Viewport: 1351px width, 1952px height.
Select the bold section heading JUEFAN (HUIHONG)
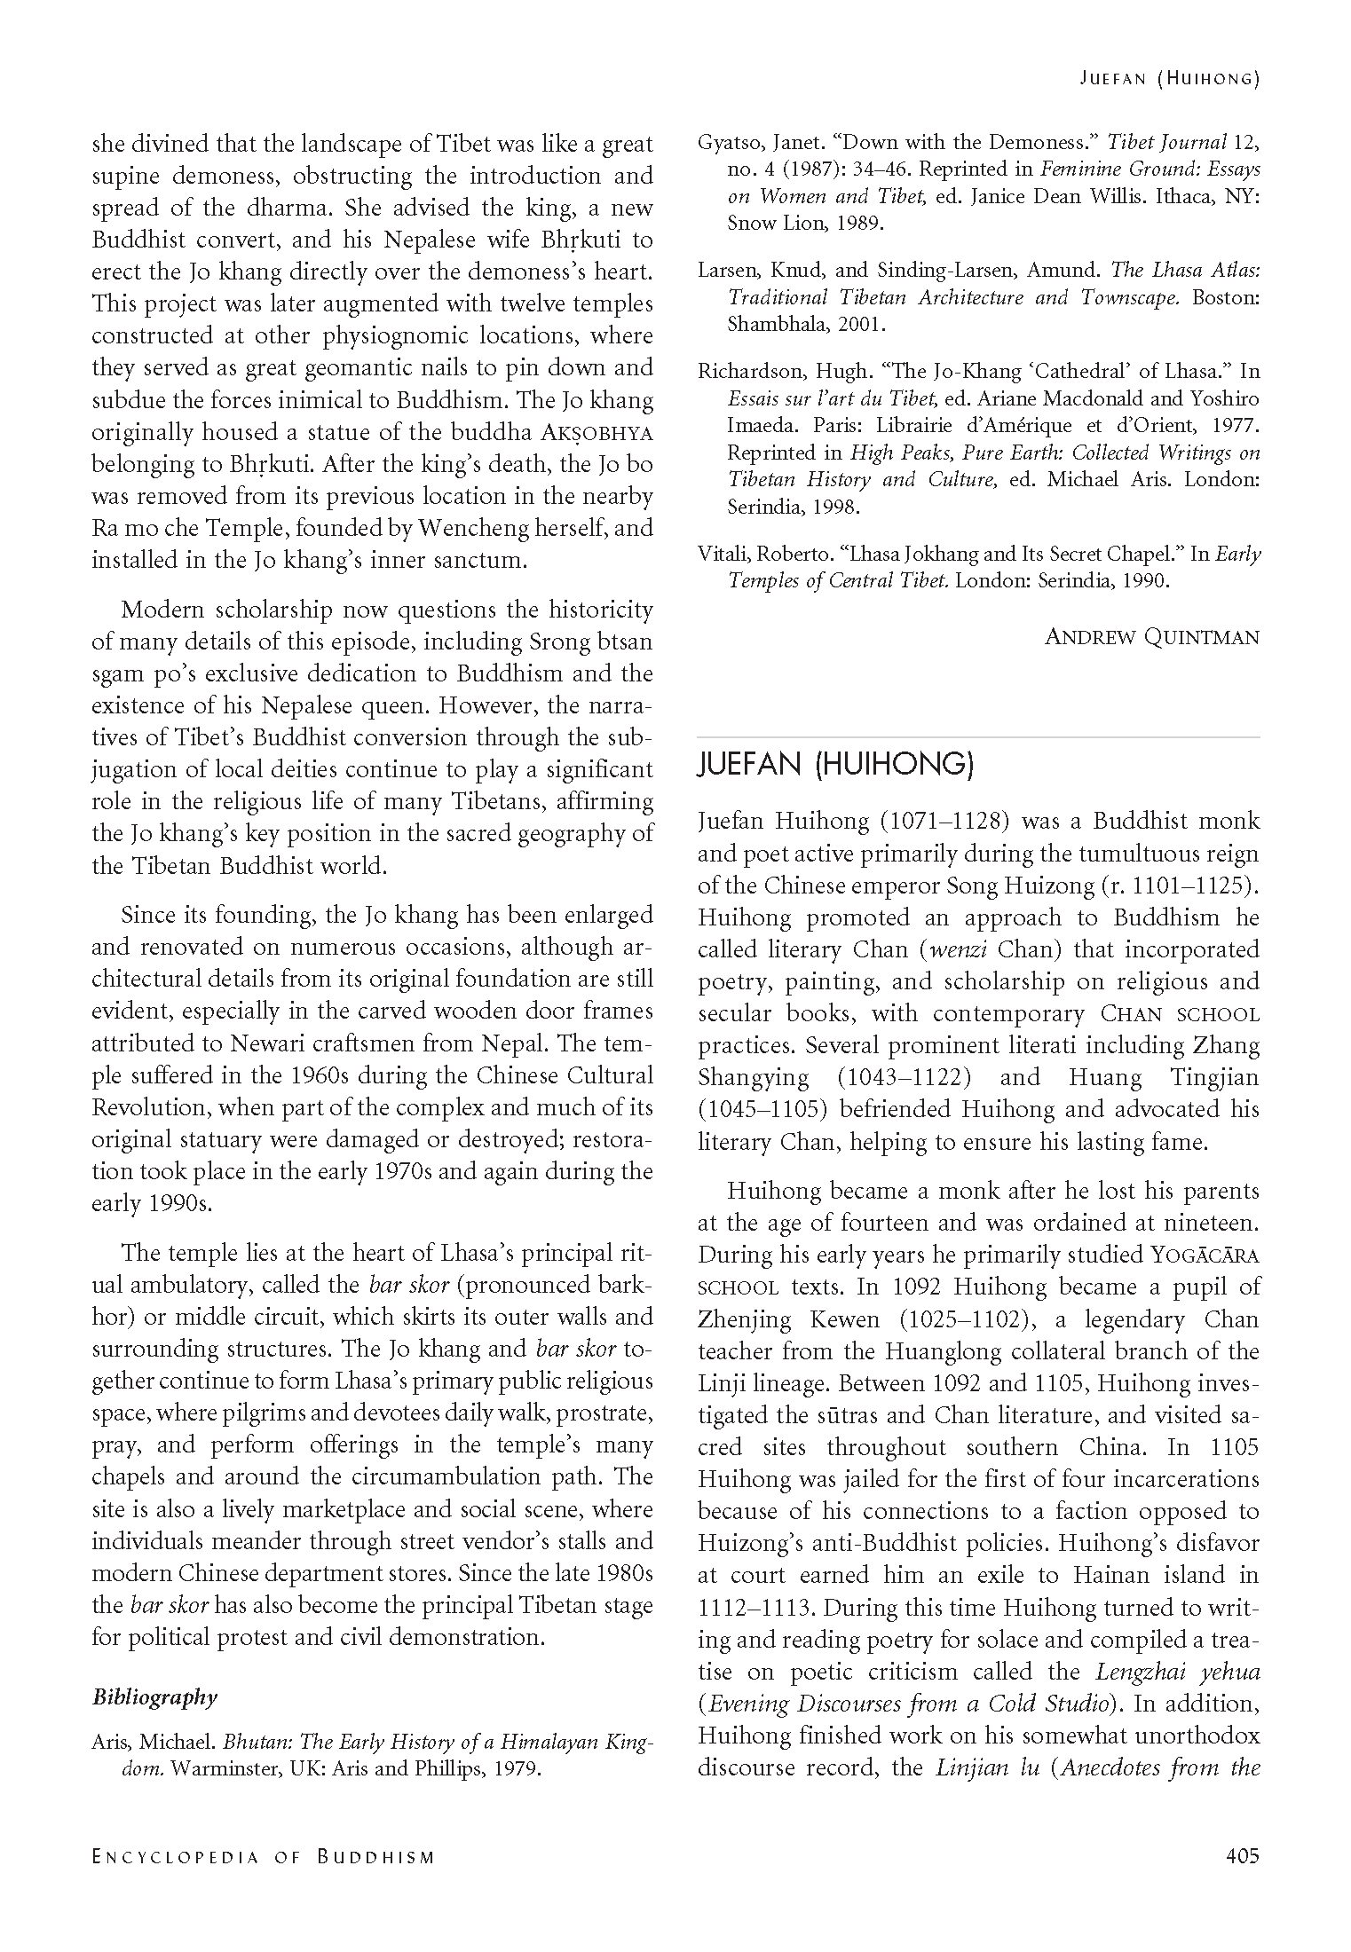click(x=835, y=766)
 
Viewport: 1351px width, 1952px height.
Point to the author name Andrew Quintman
click(x=1151, y=637)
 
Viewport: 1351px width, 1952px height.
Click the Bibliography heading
click(x=154, y=1697)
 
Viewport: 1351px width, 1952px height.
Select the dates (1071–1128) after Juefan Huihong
click(x=944, y=821)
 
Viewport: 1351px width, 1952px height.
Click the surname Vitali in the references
click(x=723, y=555)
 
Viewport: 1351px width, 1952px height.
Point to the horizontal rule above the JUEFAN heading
click(x=978, y=737)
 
